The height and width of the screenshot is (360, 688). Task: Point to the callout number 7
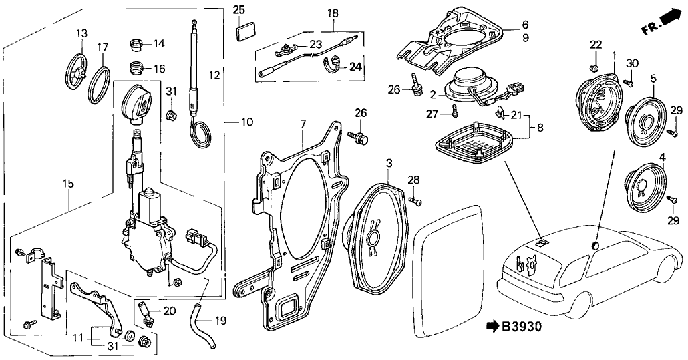303,124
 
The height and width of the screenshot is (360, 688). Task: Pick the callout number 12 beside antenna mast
213,75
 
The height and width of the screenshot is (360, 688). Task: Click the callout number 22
596,44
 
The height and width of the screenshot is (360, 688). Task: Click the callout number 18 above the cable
333,13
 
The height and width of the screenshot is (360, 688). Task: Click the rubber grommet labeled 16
136,69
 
